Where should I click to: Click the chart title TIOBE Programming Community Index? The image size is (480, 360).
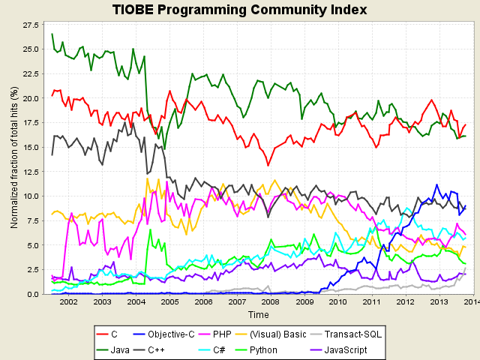pyautogui.click(x=239, y=10)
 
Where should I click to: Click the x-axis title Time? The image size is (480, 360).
pyautogui.click(x=258, y=315)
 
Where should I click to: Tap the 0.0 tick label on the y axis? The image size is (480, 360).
pyautogui.click(x=32, y=294)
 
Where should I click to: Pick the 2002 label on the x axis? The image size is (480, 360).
pyautogui.click(x=68, y=302)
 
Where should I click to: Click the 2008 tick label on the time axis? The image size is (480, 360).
pyautogui.click(x=271, y=302)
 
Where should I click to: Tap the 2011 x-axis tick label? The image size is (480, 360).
pyautogui.click(x=372, y=302)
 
